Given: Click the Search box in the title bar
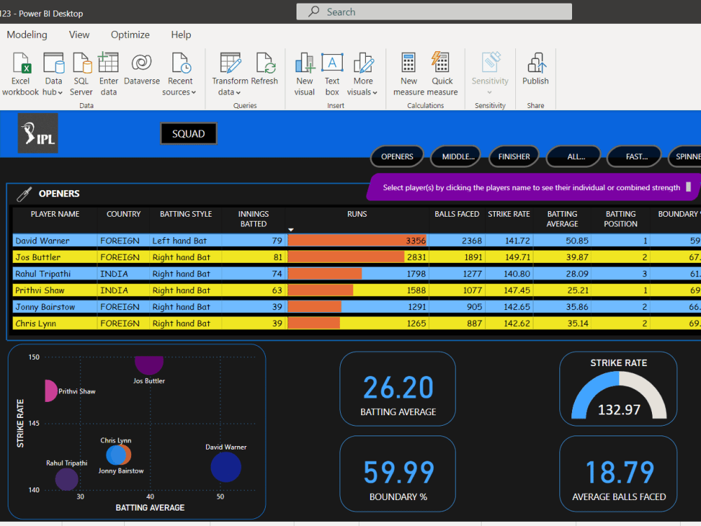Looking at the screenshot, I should click(x=434, y=12).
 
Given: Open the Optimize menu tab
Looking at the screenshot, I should click(x=130, y=34).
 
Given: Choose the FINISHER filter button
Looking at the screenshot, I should click(x=514, y=156).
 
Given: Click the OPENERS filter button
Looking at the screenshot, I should click(x=397, y=156).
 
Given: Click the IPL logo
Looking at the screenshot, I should click(x=37, y=133).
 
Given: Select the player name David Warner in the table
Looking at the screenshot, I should click(x=42, y=241).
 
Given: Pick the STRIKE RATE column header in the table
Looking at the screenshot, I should click(x=509, y=214).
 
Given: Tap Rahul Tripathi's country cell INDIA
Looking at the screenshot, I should click(x=114, y=274).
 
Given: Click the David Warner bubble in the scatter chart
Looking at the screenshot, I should click(x=226, y=467).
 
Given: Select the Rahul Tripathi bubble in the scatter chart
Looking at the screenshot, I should click(x=67, y=479).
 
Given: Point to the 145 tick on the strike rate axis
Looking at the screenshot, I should click(x=34, y=423).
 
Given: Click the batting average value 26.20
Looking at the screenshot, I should click(x=398, y=388).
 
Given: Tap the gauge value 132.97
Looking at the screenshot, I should click(x=618, y=410).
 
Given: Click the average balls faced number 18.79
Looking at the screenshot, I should click(x=618, y=473).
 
